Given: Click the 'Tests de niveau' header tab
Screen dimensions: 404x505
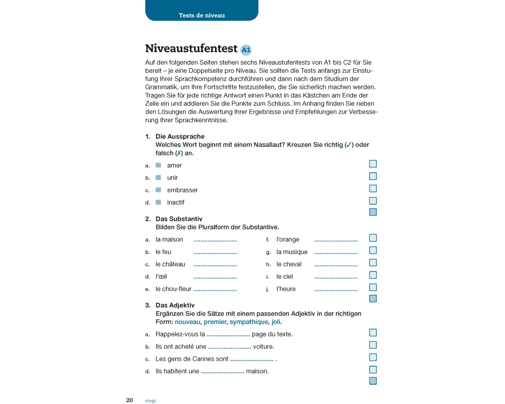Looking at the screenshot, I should pyautogui.click(x=201, y=15).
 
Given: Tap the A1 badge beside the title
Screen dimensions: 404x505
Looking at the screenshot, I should pyautogui.click(x=246, y=49).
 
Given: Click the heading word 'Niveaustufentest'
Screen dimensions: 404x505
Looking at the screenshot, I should pyautogui.click(x=191, y=48).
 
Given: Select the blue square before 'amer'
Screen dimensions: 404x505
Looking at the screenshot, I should pyautogui.click(x=158, y=165).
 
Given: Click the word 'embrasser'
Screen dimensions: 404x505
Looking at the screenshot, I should pyautogui.click(x=182, y=190).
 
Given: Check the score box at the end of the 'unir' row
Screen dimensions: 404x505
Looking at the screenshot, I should pyautogui.click(x=373, y=176).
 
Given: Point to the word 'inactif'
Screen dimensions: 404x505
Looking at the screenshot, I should pyautogui.click(x=176, y=202).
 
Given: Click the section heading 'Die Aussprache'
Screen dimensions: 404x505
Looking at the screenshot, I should pyautogui.click(x=180, y=136).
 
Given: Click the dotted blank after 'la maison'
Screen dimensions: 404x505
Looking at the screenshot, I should pyautogui.click(x=215, y=240).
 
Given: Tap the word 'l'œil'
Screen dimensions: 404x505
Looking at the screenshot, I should pyautogui.click(x=161, y=276).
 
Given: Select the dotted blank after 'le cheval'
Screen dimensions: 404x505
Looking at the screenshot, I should pyautogui.click(x=336, y=265).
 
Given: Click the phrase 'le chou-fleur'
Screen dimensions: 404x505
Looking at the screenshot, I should pyautogui.click(x=173, y=289).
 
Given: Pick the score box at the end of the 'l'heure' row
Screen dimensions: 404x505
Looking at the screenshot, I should pyautogui.click(x=373, y=287).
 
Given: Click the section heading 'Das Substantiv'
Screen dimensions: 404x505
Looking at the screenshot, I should pyautogui.click(x=179, y=219).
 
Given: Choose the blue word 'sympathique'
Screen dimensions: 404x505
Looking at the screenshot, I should pyautogui.click(x=248, y=322).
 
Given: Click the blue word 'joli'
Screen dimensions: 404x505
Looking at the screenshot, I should pyautogui.click(x=276, y=322).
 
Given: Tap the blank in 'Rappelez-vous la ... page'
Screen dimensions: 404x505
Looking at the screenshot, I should pyautogui.click(x=228, y=335).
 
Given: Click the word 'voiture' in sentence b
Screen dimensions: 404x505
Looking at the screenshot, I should pyautogui.click(x=264, y=346).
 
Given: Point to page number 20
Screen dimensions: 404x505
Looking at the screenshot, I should pyautogui.click(x=129, y=400).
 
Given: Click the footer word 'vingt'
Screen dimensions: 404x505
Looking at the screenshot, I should pyautogui.click(x=150, y=400).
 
